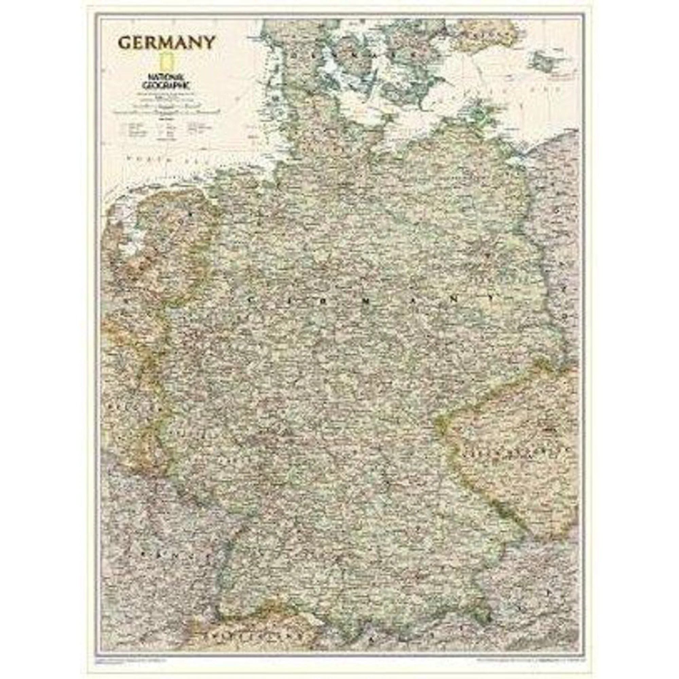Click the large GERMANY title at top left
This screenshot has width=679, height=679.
pyautogui.click(x=166, y=43)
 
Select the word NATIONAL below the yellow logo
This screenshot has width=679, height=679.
pyautogui.click(x=164, y=77)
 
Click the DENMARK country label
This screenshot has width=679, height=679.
pyautogui.click(x=355, y=56)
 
